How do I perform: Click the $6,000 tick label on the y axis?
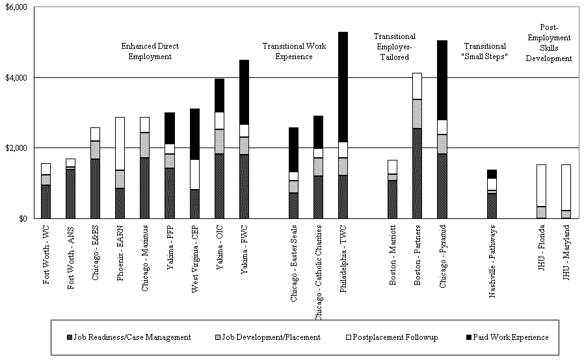pyautogui.click(x=15, y=7)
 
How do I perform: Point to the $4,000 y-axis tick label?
pyautogui.click(x=15, y=78)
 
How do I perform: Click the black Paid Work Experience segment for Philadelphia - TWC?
pyautogui.click(x=343, y=86)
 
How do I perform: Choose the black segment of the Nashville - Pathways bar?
pyautogui.click(x=492, y=174)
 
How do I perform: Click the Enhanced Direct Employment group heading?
pyautogui.click(x=150, y=51)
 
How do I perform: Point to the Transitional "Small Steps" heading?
pyautogui.click(x=484, y=51)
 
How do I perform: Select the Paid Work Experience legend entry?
pyautogui.click(x=508, y=337)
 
